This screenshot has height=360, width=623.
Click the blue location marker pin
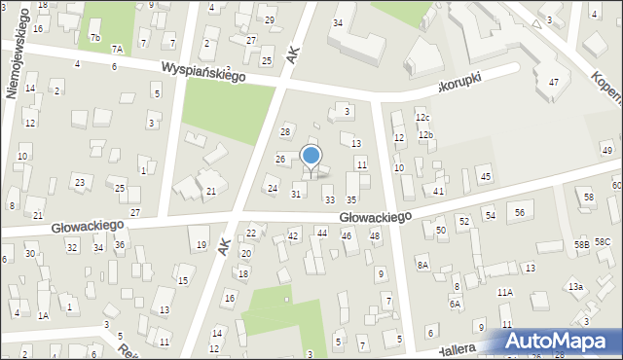click(x=311, y=157)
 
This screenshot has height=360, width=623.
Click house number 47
click(x=554, y=82)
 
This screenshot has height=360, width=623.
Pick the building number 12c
click(x=421, y=118)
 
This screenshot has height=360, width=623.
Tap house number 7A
click(x=117, y=50)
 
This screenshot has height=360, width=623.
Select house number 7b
click(x=94, y=38)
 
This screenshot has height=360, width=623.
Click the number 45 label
click(x=486, y=176)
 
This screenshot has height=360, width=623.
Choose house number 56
click(x=521, y=212)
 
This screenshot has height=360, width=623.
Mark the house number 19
click(x=202, y=244)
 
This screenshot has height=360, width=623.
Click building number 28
click(x=285, y=131)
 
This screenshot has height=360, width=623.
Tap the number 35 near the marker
click(x=351, y=199)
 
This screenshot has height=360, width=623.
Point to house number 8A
click(x=422, y=265)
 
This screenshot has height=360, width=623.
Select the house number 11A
click(x=504, y=292)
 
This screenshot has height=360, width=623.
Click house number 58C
click(x=603, y=241)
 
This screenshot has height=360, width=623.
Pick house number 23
click(x=80, y=182)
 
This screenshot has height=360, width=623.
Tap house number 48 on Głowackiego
click(x=375, y=235)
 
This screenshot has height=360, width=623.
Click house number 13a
click(x=576, y=286)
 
